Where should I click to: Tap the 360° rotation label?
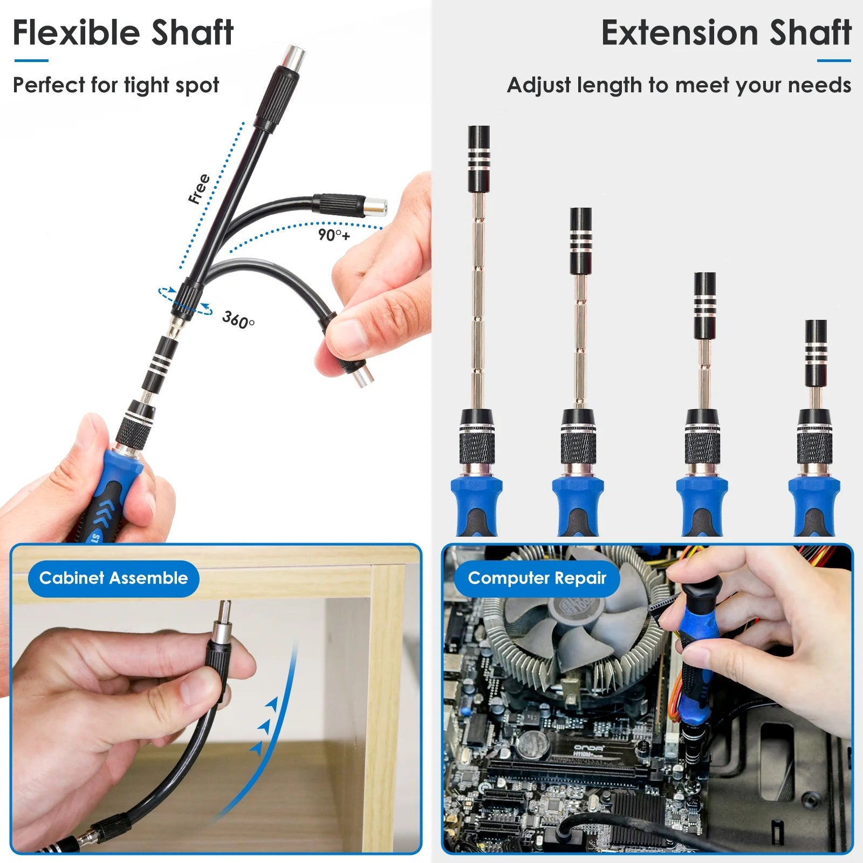[238, 319]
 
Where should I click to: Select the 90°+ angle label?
[334, 235]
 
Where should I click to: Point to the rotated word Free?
[199, 189]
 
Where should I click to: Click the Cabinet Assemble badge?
[113, 578]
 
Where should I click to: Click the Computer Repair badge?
[537, 578]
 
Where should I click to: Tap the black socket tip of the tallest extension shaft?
[478, 159]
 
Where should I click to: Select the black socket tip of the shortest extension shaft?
[816, 353]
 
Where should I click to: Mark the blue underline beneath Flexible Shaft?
[31, 60]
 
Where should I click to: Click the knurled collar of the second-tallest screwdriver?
[578, 447]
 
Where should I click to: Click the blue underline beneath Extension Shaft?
[833, 60]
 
